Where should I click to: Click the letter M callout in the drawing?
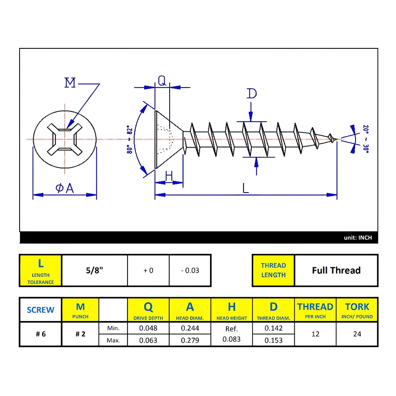tap(70, 83)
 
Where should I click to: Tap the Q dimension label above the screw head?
tap(162, 80)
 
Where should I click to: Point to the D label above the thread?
tap(251, 93)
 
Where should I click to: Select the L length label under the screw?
tap(246, 188)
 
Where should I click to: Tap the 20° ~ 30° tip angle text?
tap(366, 139)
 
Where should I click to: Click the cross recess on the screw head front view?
tap(65, 139)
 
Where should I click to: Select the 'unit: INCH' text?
tap(358, 238)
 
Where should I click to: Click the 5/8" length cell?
tap(94, 270)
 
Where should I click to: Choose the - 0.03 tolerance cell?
tap(190, 270)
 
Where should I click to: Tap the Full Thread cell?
tap(336, 270)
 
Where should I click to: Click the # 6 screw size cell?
tap(40, 334)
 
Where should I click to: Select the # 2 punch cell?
tap(80, 334)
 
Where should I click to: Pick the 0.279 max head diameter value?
tap(190, 340)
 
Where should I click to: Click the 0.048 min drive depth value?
tap(148, 328)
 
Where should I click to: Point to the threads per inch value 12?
tap(315, 334)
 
